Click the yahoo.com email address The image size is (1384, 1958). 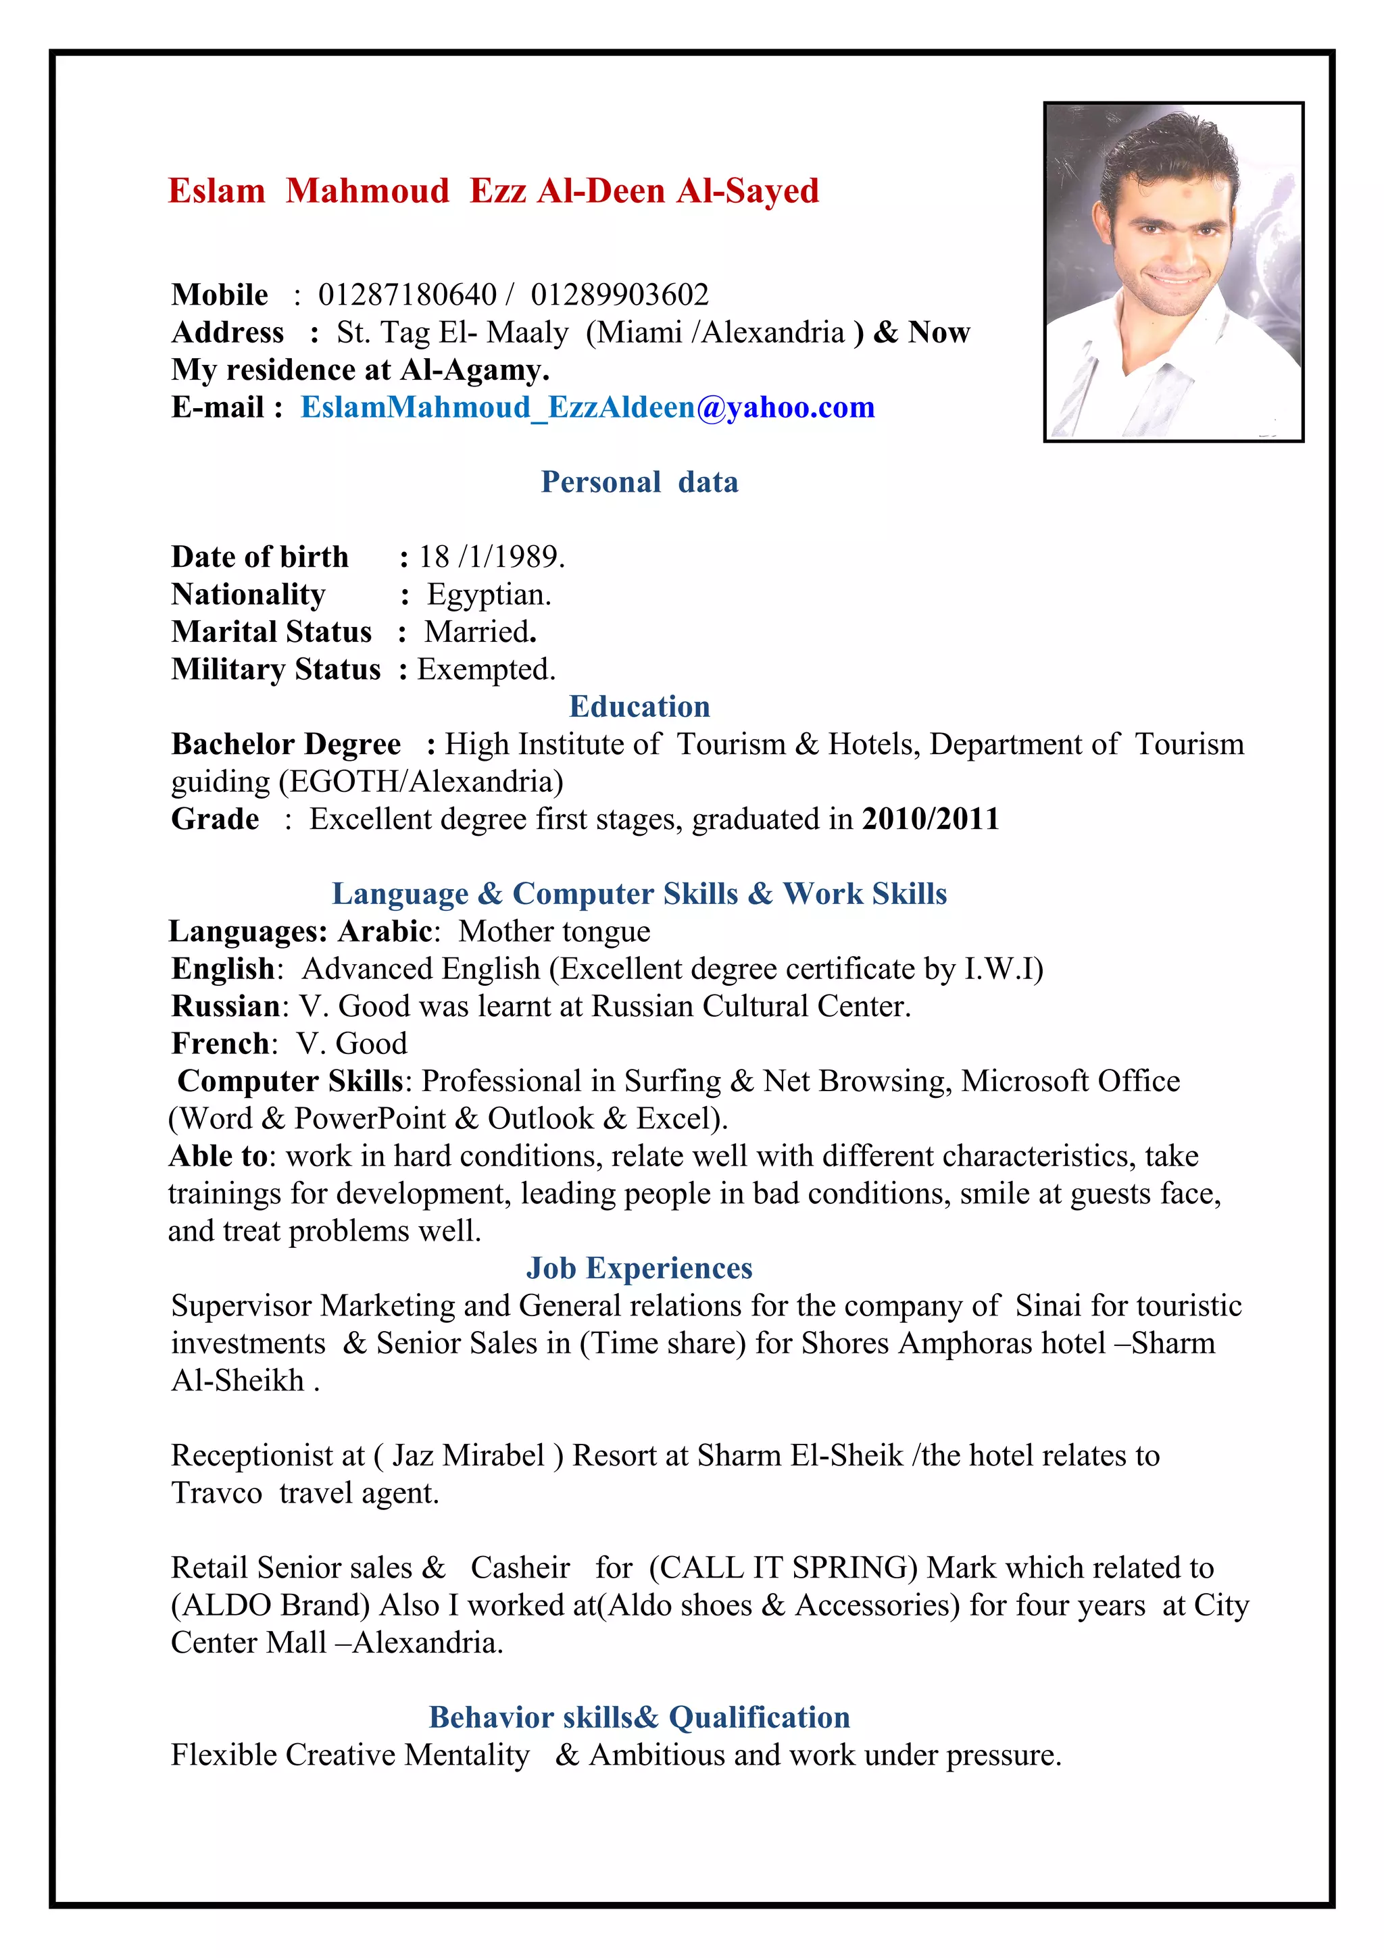[587, 407]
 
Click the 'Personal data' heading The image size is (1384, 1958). [639, 482]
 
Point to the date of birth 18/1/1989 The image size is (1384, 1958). [491, 557]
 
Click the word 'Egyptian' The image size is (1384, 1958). [488, 595]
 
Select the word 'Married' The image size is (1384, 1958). [479, 632]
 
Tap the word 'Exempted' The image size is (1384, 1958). [485, 670]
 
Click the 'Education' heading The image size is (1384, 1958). [639, 707]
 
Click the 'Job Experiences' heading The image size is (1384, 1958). [639, 1269]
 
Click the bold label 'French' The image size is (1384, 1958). [220, 1045]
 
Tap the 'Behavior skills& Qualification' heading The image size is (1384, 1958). [639, 1717]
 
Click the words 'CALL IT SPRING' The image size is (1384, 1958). [783, 1568]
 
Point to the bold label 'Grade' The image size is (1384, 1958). [215, 820]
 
